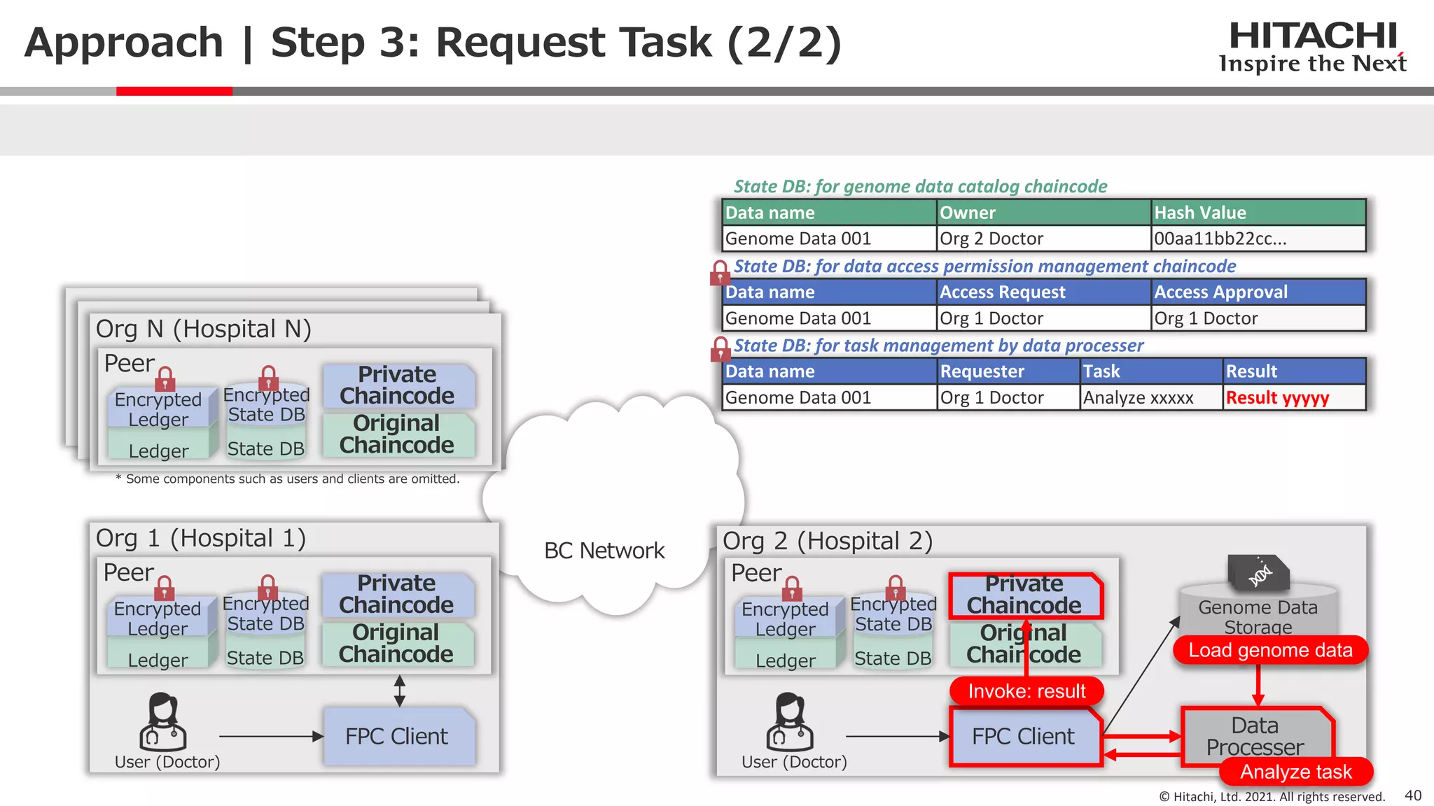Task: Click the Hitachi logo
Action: pyautogui.click(x=1312, y=46)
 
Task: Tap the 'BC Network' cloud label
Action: pyautogui.click(x=604, y=551)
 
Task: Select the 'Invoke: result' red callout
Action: pyautogui.click(x=1026, y=691)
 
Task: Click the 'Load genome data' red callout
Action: pyautogui.click(x=1270, y=650)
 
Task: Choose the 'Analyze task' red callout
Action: pyautogui.click(x=1295, y=772)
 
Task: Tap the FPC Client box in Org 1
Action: pyautogui.click(x=397, y=736)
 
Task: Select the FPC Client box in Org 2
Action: pyautogui.click(x=1023, y=736)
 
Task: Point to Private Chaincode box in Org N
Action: pyautogui.click(x=397, y=386)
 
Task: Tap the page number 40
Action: pyautogui.click(x=1413, y=796)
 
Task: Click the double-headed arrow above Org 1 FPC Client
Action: pyautogui.click(x=399, y=691)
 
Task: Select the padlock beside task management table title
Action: pyautogui.click(x=720, y=348)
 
